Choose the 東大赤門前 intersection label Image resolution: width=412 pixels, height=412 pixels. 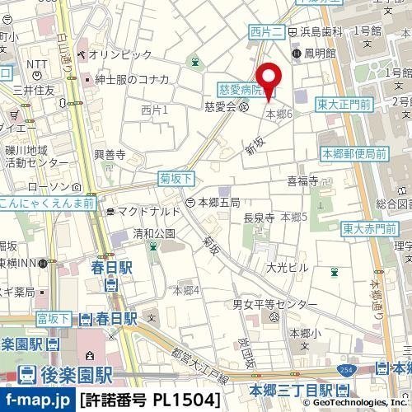pos(363,228)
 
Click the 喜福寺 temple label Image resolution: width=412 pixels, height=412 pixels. pos(302,180)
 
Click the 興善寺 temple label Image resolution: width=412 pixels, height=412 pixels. pos(109,154)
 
